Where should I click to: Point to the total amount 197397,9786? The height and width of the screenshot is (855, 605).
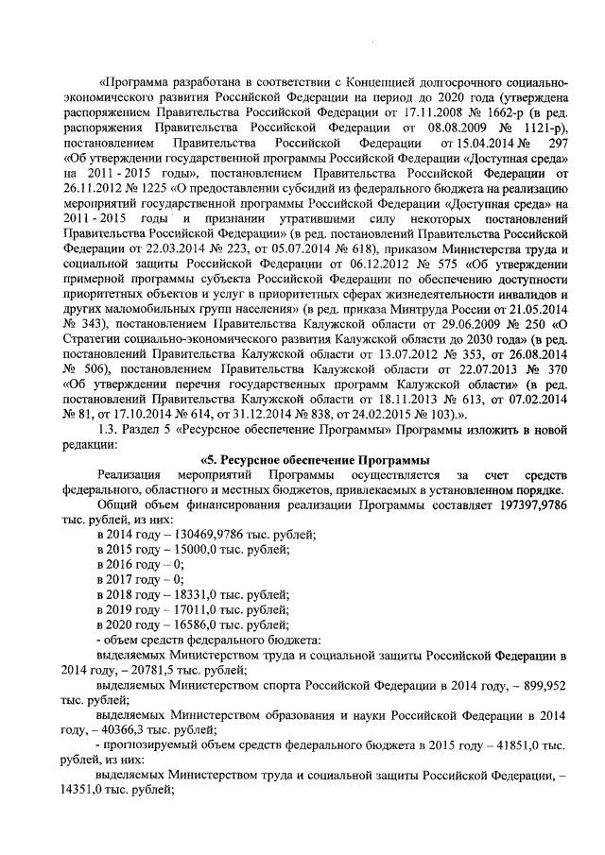tap(526, 505)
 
